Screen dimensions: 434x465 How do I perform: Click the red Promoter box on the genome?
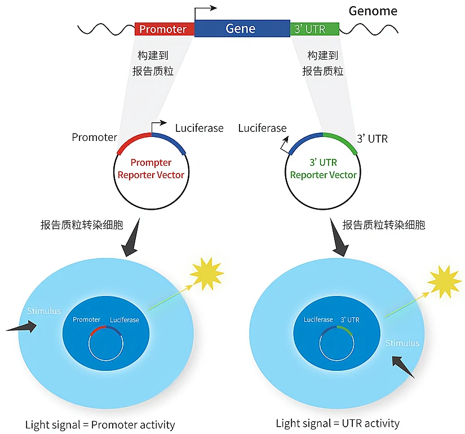pos(164,29)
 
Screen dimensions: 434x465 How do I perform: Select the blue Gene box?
pos(241,28)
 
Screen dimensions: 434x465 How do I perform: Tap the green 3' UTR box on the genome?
pos(314,29)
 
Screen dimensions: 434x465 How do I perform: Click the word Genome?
pos(373,11)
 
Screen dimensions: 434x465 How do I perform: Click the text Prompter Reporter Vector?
pos(150,169)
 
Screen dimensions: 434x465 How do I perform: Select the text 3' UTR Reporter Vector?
pos(323,169)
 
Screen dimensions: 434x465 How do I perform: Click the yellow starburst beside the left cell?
pos(207,273)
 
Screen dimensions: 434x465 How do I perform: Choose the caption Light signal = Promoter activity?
pos(100,424)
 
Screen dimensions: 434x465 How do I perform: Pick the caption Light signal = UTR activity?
pos(338,423)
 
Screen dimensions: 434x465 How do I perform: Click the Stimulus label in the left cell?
pos(44,311)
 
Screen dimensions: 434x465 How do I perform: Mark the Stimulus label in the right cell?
pos(402,343)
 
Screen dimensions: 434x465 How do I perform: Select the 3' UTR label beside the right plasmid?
pos(372,138)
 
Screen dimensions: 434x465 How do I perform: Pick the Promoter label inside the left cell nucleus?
pos(86,320)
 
